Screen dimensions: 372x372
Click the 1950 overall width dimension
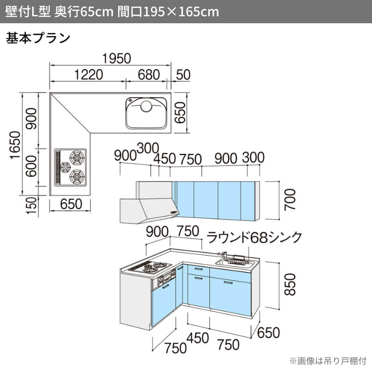(117, 59)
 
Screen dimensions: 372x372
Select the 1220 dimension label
(89, 74)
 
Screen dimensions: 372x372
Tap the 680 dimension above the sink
(149, 74)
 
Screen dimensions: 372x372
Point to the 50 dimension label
(183, 74)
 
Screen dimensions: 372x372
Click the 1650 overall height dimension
(15, 145)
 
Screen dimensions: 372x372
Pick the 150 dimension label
(32, 206)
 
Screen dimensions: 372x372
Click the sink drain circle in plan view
(146, 106)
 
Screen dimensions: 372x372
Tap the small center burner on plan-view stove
(65, 167)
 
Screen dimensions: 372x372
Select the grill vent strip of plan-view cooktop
(58, 167)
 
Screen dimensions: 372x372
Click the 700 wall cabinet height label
(290, 199)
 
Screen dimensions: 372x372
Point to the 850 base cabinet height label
(290, 285)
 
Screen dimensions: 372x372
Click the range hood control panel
(173, 212)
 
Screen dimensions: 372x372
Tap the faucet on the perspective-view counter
(222, 254)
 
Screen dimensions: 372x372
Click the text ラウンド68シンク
(254, 237)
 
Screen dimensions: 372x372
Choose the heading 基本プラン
(38, 38)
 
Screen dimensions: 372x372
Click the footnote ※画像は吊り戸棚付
(328, 361)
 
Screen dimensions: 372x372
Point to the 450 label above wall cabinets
(165, 159)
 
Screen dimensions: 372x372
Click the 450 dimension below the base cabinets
(198, 338)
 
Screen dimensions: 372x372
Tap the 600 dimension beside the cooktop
(31, 166)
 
